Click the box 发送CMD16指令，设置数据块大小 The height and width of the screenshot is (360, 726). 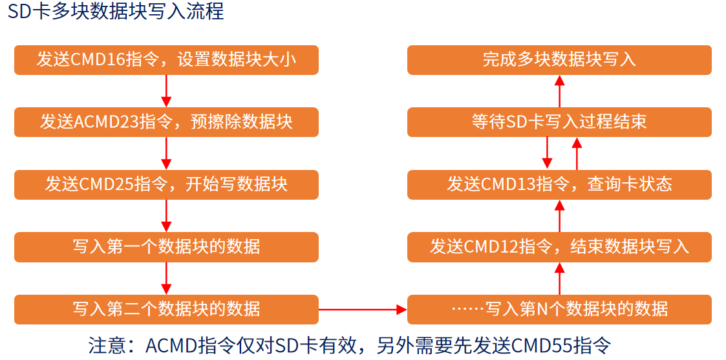coord(166,60)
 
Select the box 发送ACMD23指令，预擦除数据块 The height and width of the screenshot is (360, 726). coord(166,122)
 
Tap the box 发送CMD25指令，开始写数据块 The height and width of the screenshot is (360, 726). coord(166,184)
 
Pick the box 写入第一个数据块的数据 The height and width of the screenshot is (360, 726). coord(166,247)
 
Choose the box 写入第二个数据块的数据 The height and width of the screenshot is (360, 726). coord(166,309)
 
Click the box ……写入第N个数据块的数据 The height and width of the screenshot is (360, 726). coord(559,309)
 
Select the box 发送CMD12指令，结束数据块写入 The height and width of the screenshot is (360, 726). coord(559,247)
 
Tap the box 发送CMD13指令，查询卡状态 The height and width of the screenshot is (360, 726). coord(559,184)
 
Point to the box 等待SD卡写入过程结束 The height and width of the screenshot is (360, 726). coord(559,122)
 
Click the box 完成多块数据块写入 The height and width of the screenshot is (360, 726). coord(559,60)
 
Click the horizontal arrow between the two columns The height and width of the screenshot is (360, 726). coord(363,310)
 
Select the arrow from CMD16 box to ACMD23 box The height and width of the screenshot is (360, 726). coord(166,91)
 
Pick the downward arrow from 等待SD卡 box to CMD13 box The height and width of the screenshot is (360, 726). coord(547,153)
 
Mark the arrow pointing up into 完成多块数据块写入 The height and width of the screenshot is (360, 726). coord(560,91)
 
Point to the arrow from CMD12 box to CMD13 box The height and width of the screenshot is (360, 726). coord(560,216)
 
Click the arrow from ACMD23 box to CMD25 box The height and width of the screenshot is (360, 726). coord(166,153)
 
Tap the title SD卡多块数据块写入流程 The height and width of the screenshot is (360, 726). coord(116,12)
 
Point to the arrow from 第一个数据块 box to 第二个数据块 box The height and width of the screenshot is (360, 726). coord(166,278)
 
